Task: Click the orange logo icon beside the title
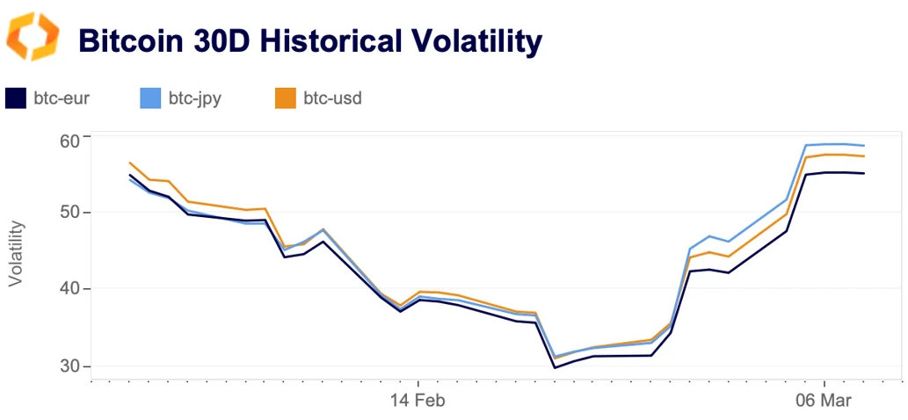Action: point(33,36)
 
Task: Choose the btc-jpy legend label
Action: point(194,98)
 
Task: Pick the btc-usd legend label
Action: point(332,98)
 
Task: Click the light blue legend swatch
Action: point(150,98)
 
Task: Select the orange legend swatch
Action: point(286,98)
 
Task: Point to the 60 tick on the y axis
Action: point(69,140)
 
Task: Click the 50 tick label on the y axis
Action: point(69,213)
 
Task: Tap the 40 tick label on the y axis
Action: point(69,288)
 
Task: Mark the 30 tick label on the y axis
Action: point(69,366)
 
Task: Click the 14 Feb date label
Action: point(418,401)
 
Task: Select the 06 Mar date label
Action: point(824,401)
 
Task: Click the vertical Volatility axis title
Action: point(17,253)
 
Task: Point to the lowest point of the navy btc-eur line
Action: point(555,367)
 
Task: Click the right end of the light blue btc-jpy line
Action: point(865,146)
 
